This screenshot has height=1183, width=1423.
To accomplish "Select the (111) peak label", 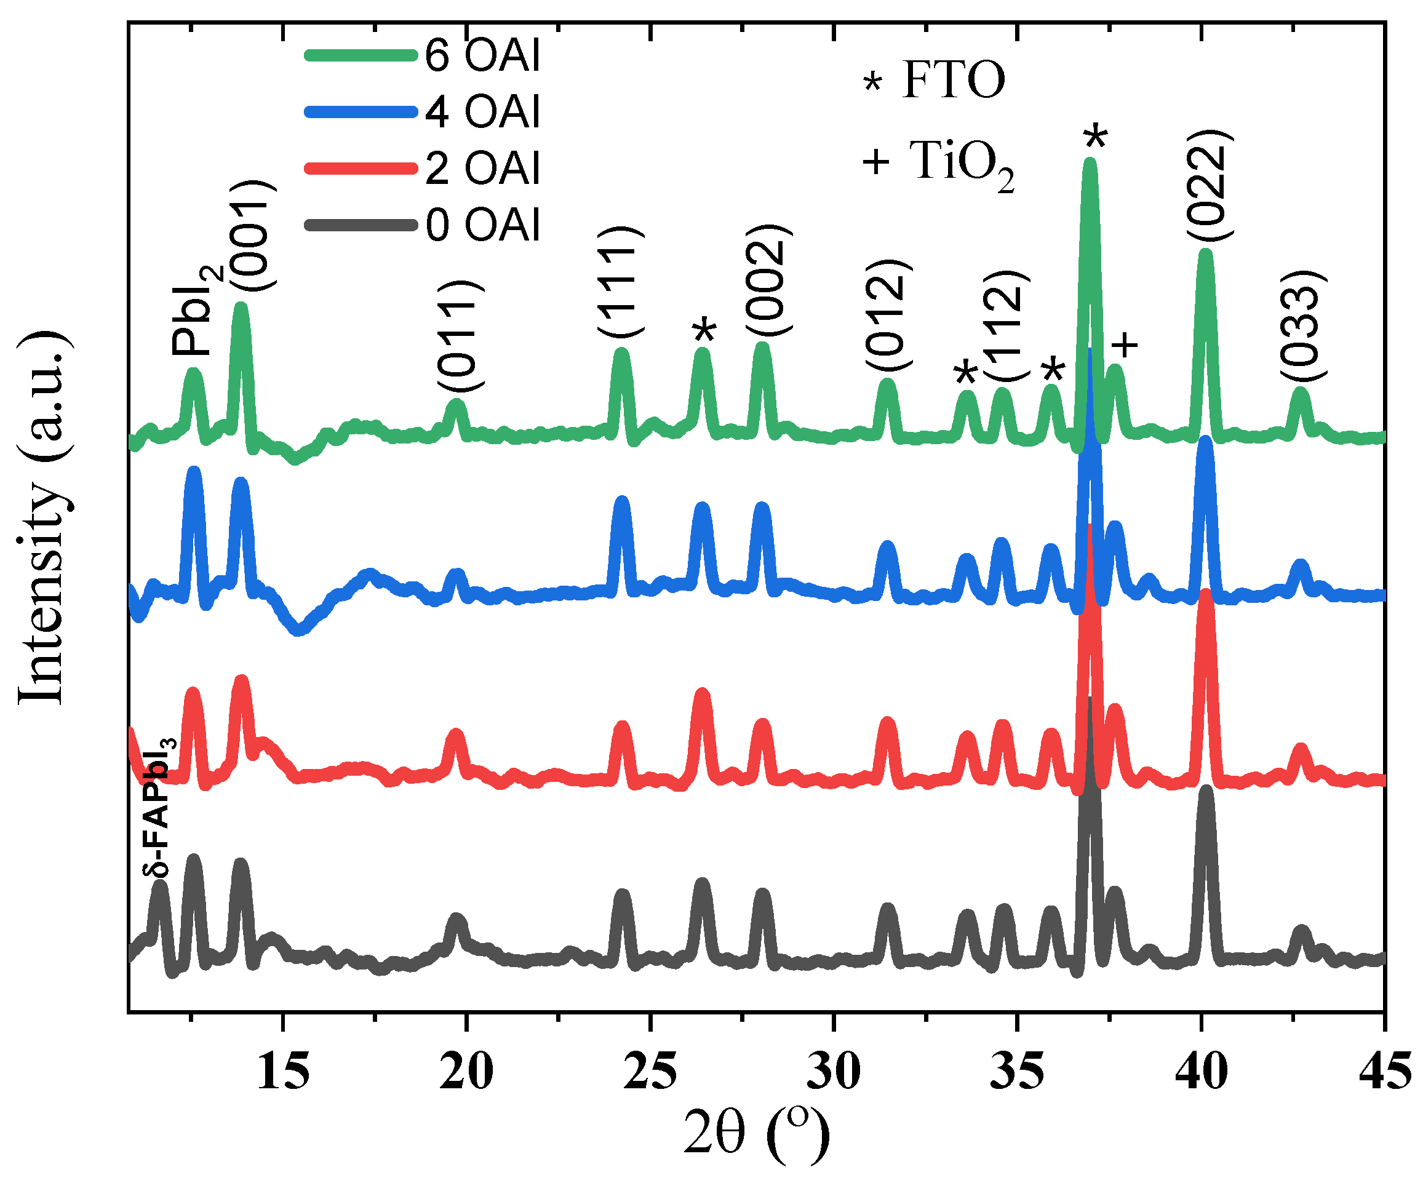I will (x=620, y=281).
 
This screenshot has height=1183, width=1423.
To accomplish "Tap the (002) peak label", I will (x=768, y=279).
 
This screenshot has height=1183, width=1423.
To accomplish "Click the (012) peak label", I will (x=888, y=314).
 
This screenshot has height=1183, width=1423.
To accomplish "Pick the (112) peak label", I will (x=1006, y=325).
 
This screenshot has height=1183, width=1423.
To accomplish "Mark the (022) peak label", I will (x=1210, y=185).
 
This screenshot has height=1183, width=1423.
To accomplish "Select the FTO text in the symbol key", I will (x=954, y=80).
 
